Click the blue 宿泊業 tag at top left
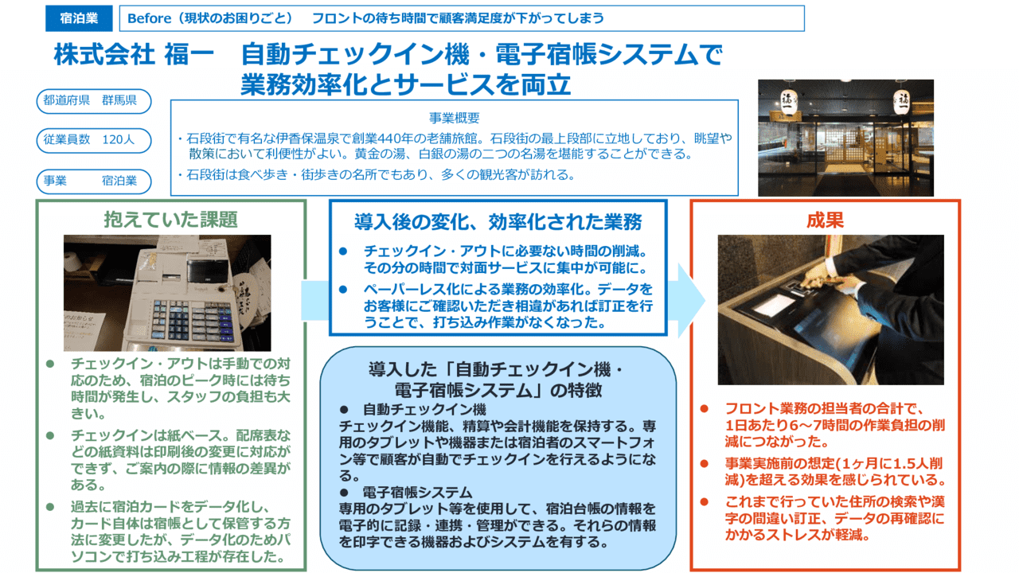[80, 18]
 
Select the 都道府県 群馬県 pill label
[92, 101]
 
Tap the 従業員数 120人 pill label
[92, 140]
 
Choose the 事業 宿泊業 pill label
[92, 181]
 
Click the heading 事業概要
[455, 118]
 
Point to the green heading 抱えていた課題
[170, 219]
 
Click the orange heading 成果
[825, 220]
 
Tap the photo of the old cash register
[167, 293]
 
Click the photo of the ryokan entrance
[845, 137]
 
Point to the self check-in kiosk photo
[830, 310]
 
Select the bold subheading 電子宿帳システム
[417, 492]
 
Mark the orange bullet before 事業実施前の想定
[704, 462]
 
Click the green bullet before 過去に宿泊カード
[50, 506]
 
